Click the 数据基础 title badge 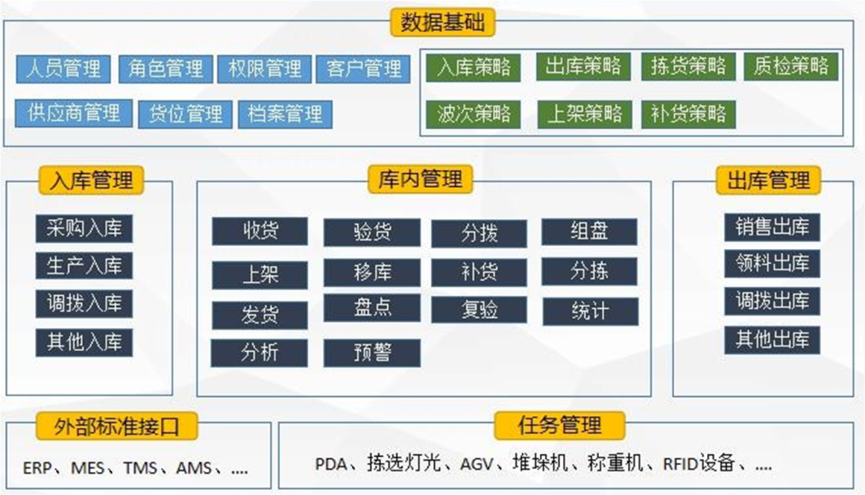442,22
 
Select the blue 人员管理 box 63,69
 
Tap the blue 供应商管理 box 74,113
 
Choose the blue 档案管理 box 285,114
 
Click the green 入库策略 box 473,67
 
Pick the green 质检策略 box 791,66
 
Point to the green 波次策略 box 473,114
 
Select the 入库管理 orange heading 91,181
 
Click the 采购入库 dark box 84,228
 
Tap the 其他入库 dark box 84,342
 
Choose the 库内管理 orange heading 420,179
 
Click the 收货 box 260,231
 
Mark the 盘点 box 372,307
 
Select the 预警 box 372,353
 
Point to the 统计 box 590,312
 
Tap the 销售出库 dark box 772,227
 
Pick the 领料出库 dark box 772,263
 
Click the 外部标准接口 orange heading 117,427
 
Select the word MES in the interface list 87,468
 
